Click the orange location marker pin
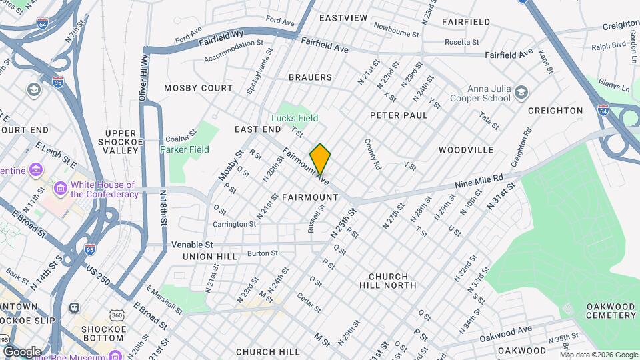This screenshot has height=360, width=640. click(x=320, y=159)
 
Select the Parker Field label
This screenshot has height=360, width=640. click(x=185, y=149)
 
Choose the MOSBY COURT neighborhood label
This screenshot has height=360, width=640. click(x=199, y=88)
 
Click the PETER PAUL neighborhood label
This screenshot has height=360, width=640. click(x=399, y=115)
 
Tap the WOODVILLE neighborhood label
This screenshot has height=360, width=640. click(x=465, y=150)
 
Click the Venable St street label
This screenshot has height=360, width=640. click(x=191, y=245)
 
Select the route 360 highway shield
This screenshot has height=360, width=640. click(x=117, y=314)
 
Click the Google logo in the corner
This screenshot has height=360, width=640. click(x=21, y=351)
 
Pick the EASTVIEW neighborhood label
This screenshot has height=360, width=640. click(x=343, y=18)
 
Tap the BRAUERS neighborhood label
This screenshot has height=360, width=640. click(x=310, y=77)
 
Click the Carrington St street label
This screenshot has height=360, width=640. click(x=235, y=224)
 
